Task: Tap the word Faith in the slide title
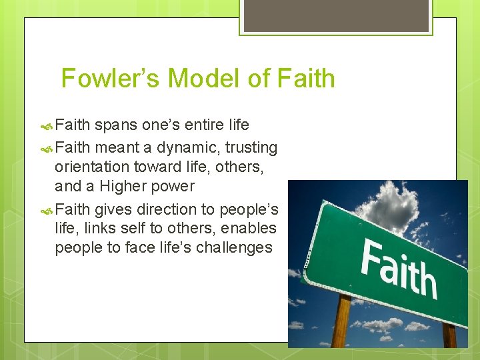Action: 305,79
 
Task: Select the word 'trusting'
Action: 251,147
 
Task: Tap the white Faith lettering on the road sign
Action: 399,267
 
